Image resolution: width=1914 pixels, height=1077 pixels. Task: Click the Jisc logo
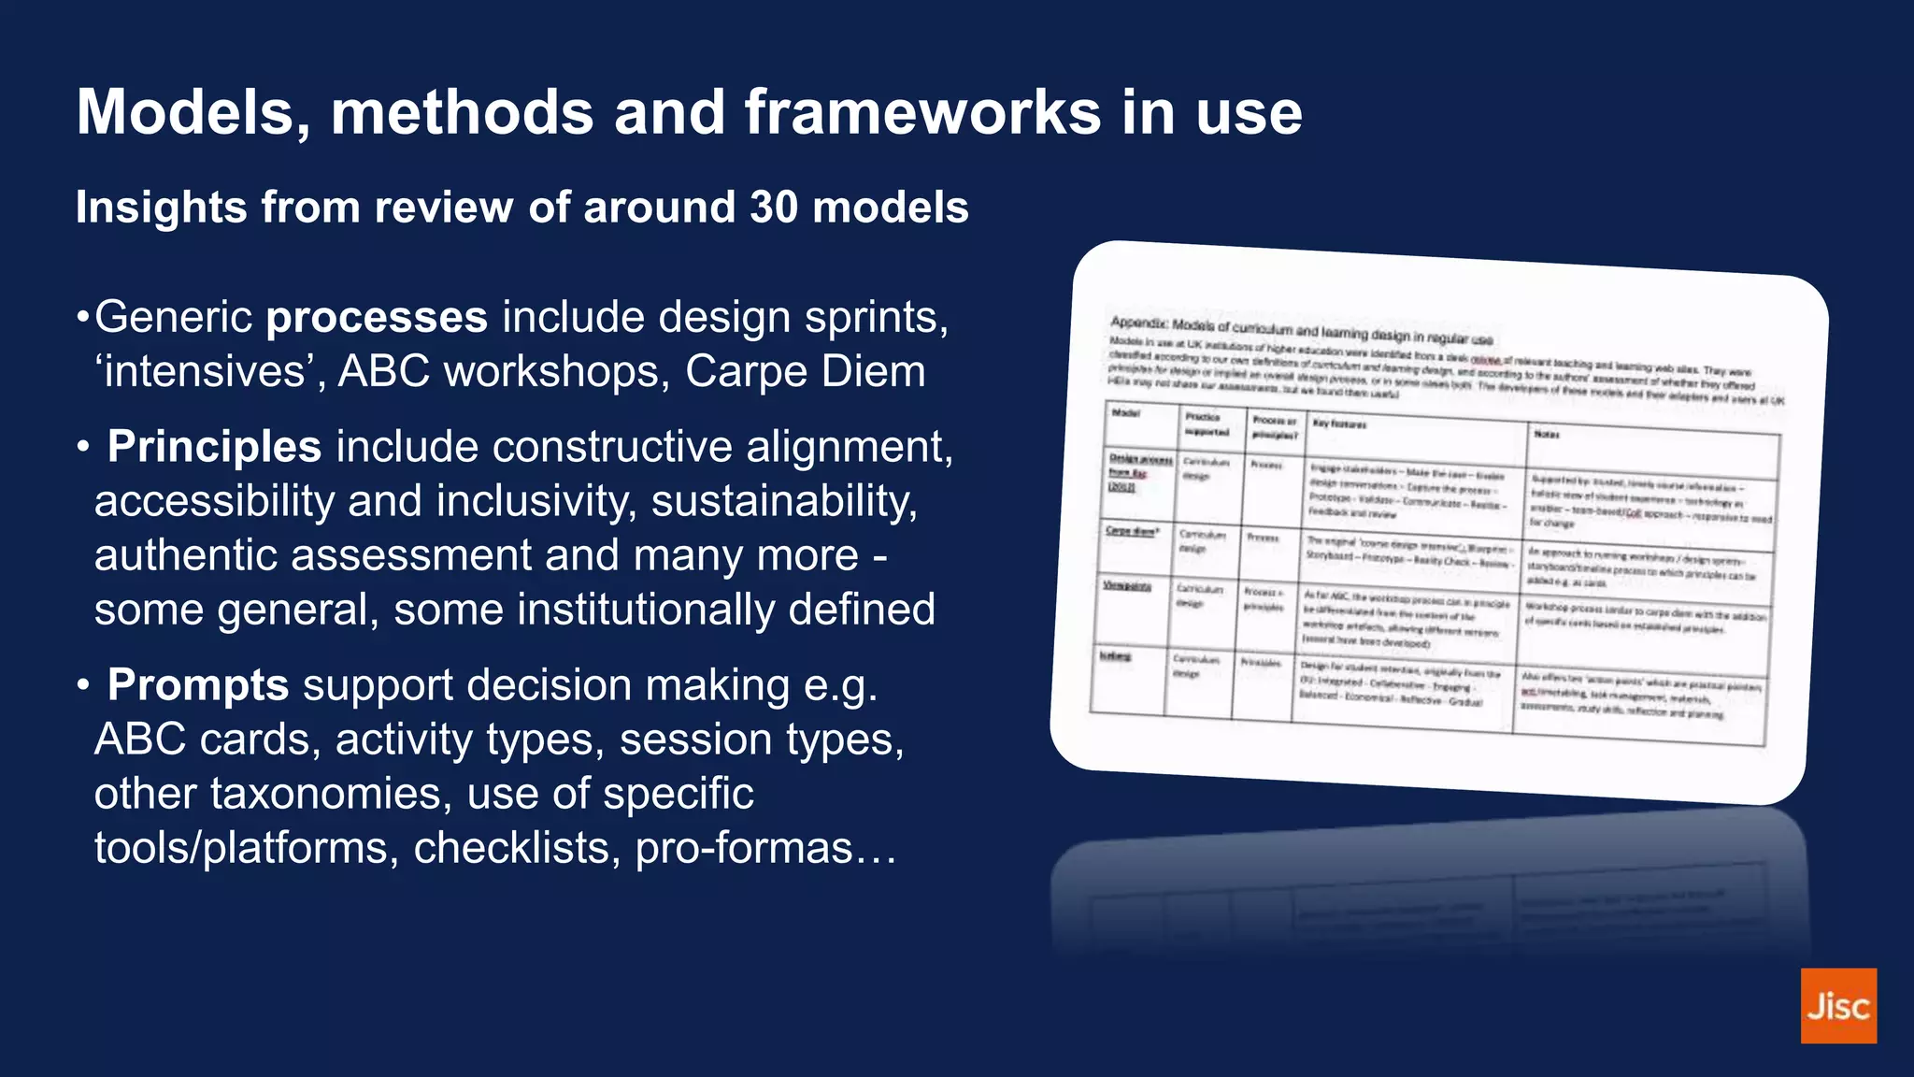[x=1837, y=1005]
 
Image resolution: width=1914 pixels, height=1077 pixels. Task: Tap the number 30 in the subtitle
[x=773, y=207]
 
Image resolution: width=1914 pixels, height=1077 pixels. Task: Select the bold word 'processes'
[x=377, y=317]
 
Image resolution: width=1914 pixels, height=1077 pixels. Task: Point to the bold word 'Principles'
[x=214, y=446]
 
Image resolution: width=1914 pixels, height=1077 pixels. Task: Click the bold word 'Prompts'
[x=198, y=684]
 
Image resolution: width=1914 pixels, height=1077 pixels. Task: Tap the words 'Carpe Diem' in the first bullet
[x=805, y=371]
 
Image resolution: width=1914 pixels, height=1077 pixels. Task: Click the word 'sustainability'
[x=784, y=500]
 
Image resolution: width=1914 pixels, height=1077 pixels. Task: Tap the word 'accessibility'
[x=214, y=500]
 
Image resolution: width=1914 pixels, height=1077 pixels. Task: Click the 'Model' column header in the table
[x=1125, y=413]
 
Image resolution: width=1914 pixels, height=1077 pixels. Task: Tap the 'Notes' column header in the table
[x=1546, y=434]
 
